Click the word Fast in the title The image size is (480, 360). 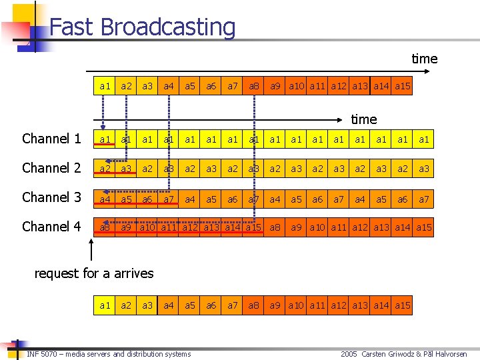(69, 27)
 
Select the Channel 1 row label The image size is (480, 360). (51, 139)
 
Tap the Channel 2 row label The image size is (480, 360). (51, 168)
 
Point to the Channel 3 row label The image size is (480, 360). (51, 197)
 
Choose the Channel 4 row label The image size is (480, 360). (51, 227)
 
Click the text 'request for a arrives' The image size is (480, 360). (93, 273)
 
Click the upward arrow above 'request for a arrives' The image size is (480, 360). (92, 249)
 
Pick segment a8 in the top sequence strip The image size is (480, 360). (254, 86)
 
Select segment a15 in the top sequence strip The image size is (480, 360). (403, 86)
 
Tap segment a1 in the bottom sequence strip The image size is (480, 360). (105, 305)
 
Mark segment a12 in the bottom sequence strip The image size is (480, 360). (339, 305)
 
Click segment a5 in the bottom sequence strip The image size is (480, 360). (190, 305)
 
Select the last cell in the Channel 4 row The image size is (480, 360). (423, 227)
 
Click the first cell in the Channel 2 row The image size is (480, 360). (105, 169)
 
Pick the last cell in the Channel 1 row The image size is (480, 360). (423, 139)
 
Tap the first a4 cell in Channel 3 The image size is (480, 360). (105, 198)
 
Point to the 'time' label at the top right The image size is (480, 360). (424, 59)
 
